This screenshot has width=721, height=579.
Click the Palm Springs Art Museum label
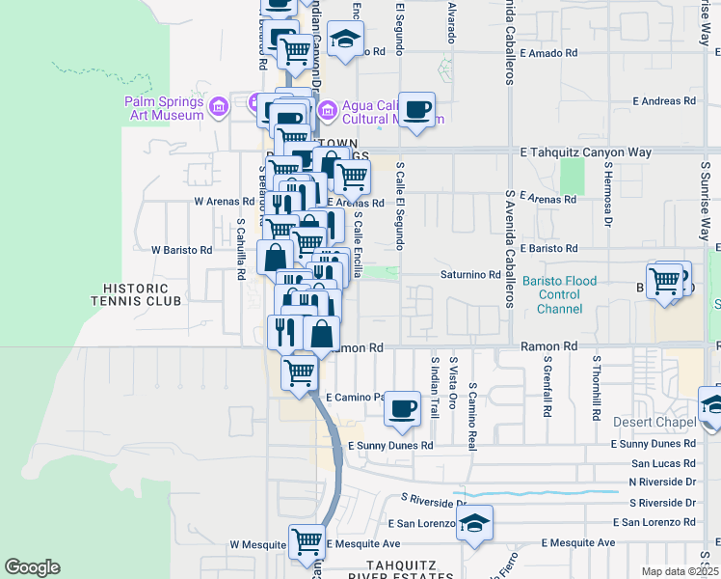click(163, 108)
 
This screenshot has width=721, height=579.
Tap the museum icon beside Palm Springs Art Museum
click(218, 104)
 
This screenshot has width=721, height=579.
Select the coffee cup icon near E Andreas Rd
click(416, 109)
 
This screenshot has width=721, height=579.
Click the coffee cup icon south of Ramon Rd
click(403, 408)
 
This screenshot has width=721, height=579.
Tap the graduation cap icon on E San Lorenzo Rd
click(474, 523)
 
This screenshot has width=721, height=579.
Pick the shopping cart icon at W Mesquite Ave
click(307, 540)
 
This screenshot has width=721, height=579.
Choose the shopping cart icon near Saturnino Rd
click(665, 280)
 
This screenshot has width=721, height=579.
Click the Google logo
click(32, 567)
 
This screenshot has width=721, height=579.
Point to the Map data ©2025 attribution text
click(680, 571)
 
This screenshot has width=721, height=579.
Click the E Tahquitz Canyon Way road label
click(585, 152)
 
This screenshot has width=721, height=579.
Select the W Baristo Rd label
click(181, 250)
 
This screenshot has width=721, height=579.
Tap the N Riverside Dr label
click(661, 482)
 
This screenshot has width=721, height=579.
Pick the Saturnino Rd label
click(470, 275)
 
